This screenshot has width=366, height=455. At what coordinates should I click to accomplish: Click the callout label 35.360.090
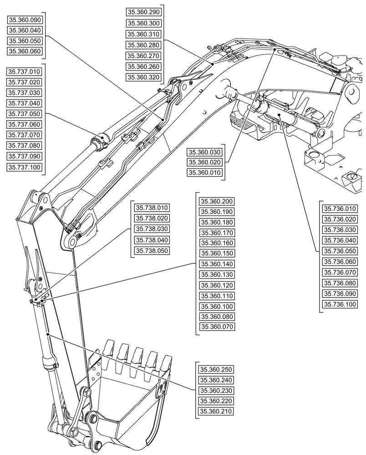[x=25, y=20]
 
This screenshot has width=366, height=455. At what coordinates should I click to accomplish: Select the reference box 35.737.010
[x=25, y=72]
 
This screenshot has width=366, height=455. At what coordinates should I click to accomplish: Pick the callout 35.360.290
[x=144, y=12]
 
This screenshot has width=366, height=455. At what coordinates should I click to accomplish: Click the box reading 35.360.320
[x=144, y=77]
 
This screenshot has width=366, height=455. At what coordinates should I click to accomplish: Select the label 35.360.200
[x=217, y=201]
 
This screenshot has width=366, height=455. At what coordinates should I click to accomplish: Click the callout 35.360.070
[x=217, y=327]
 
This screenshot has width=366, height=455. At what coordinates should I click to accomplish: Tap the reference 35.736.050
[x=339, y=251]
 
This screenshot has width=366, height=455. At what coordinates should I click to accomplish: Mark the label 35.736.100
[x=339, y=304]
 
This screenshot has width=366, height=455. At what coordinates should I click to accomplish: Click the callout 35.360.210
[x=217, y=412]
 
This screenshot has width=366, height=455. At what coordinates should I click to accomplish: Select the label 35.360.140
[x=217, y=264]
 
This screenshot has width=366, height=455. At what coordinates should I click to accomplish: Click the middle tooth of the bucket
[x=137, y=359]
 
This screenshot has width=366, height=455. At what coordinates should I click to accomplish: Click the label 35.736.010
[x=339, y=209]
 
